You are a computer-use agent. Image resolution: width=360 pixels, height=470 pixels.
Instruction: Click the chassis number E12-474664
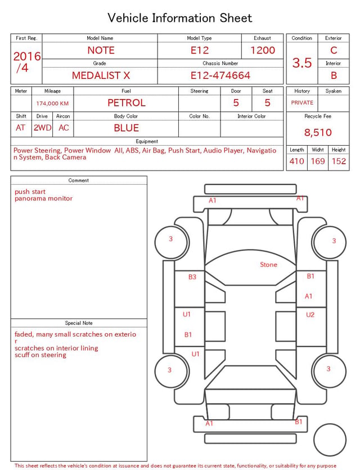point(220,75)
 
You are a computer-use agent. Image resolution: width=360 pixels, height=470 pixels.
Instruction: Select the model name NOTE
point(101,50)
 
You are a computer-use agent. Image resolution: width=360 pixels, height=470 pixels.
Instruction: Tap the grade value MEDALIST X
point(101,75)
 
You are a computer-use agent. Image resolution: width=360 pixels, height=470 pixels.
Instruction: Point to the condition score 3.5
point(302,63)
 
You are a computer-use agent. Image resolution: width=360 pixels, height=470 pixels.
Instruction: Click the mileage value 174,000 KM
point(52,104)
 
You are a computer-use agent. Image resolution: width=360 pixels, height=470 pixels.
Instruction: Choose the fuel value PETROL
point(127,103)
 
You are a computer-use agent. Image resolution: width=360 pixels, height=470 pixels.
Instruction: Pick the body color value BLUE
point(127,128)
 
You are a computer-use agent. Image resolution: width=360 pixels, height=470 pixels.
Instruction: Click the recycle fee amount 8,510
point(318,132)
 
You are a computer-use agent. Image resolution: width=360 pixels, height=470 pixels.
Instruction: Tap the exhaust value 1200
point(263,50)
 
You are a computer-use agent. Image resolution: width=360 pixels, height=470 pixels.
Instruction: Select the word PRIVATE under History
point(302,103)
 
